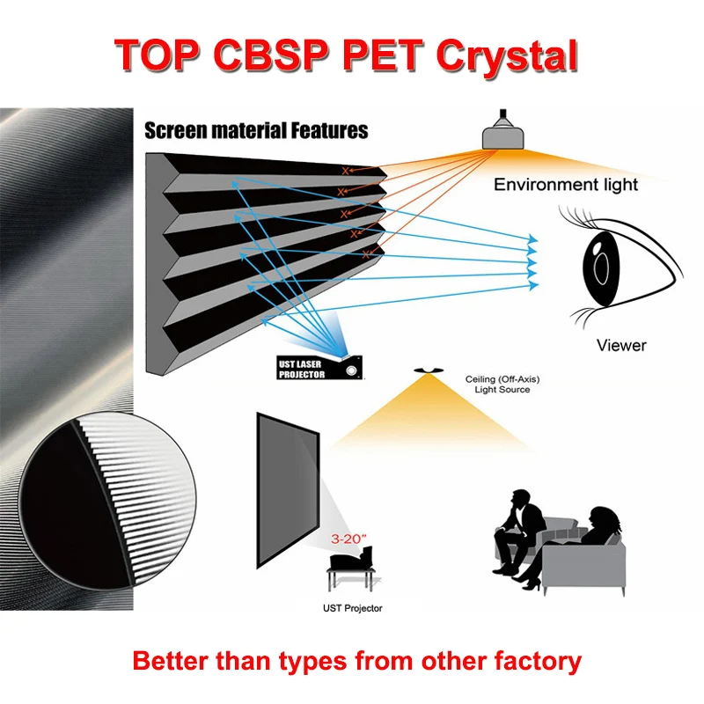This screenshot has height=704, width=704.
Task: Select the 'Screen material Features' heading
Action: [256, 130]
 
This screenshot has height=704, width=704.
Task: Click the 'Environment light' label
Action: [566, 185]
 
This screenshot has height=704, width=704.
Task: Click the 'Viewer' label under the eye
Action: [621, 345]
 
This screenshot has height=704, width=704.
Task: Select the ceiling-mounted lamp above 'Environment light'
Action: [504, 131]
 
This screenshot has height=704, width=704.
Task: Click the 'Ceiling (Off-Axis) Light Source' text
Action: [498, 385]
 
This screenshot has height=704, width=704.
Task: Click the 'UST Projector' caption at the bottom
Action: [352, 607]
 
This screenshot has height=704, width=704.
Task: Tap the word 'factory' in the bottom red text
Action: [536, 660]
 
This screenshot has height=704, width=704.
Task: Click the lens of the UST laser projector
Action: [354, 370]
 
